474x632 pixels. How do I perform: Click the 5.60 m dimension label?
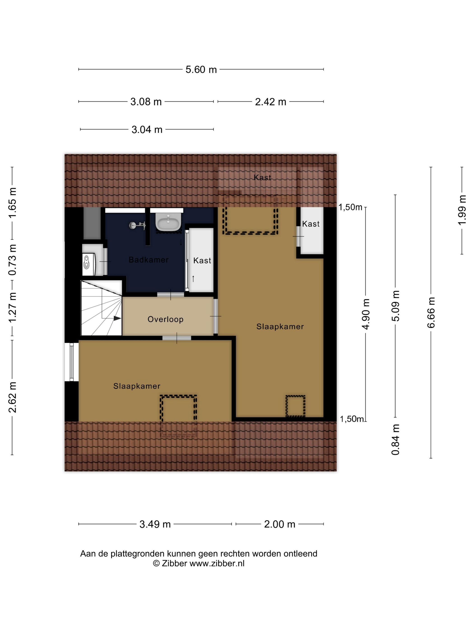[201, 70]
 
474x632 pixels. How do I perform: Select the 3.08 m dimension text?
[146, 102]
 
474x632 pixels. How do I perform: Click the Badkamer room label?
[149, 260]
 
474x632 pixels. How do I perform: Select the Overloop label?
[165, 319]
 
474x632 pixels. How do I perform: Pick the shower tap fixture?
[137, 225]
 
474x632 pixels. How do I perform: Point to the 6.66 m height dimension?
[431, 312]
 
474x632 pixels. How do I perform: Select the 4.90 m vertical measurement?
[366, 314]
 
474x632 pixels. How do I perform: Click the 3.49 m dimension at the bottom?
[155, 524]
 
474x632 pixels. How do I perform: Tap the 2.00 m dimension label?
[279, 524]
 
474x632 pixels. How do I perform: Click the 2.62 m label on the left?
[12, 397]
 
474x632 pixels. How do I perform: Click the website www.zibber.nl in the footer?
[217, 563]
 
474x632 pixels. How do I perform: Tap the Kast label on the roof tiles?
[262, 177]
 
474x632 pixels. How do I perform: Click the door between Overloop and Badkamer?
[171, 295]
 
